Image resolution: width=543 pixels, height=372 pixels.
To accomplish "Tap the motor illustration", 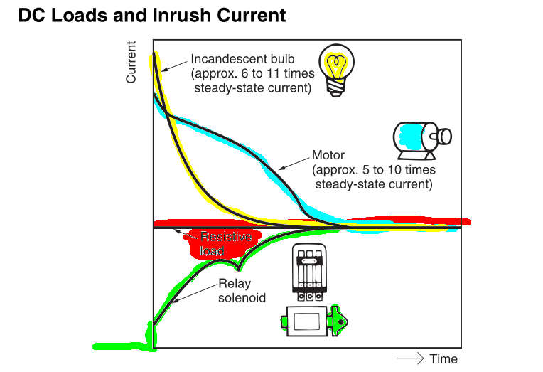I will click(421, 139).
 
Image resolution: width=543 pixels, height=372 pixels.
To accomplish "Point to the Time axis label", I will click(443, 358).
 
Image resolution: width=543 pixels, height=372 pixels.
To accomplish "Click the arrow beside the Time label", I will click(411, 358).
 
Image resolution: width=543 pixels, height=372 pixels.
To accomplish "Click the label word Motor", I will click(328, 155).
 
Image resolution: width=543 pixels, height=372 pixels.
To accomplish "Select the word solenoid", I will click(242, 298).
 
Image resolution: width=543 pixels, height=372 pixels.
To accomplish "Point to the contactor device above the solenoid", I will click(308, 271).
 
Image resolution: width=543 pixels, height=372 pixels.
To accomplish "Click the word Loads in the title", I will click(77, 15).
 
